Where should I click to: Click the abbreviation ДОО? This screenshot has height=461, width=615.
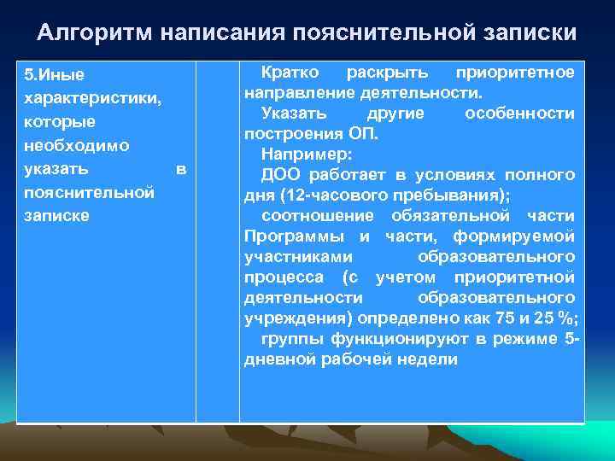[282, 175]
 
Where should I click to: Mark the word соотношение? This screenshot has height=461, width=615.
[317, 215]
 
